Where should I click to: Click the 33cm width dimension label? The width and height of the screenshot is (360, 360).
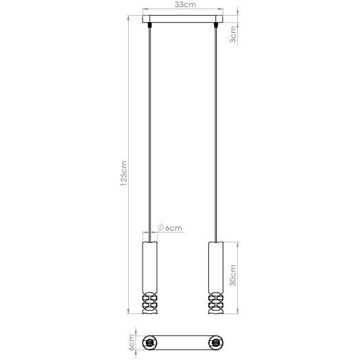(185, 5)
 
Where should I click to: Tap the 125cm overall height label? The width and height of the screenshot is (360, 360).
(124, 173)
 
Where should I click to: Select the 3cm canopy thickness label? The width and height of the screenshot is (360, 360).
(233, 34)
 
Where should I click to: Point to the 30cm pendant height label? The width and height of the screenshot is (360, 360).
(233, 275)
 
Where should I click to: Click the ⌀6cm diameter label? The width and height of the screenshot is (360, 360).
(170, 228)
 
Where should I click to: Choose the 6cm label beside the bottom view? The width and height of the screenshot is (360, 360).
(131, 342)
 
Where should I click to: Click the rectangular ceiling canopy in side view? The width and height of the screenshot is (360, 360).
(183, 19)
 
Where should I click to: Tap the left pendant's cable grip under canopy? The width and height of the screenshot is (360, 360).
(150, 25)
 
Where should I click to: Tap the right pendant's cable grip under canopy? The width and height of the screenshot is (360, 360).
(216, 25)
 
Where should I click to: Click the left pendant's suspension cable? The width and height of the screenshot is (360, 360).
(150, 134)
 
